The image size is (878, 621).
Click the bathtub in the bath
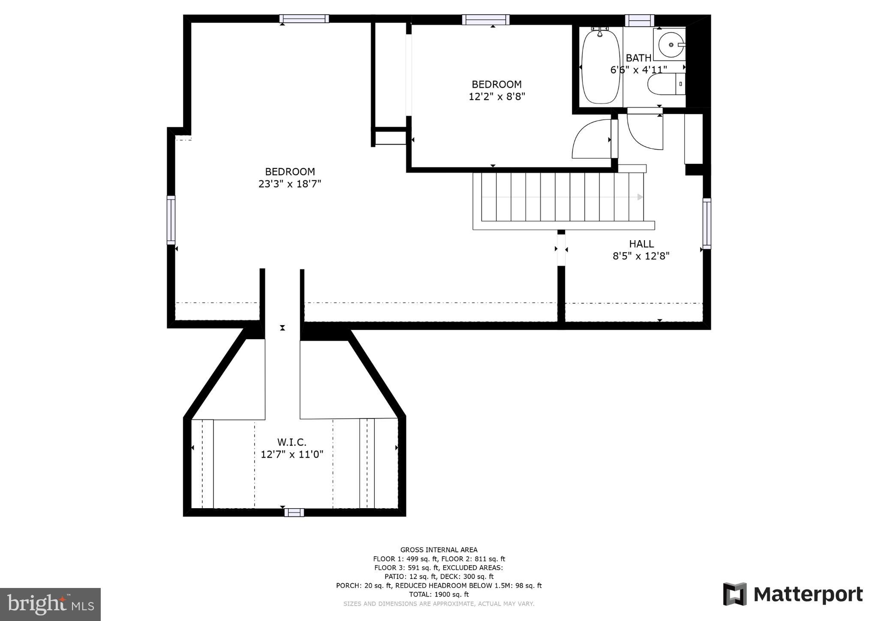click(x=601, y=67)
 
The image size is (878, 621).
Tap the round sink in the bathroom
click(x=671, y=45)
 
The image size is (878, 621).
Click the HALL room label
click(x=641, y=244)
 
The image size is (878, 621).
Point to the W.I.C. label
click(x=292, y=442)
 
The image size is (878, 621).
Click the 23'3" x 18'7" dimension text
click(x=290, y=184)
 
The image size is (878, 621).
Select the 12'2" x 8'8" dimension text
click(x=497, y=96)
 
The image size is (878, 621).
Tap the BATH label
click(x=638, y=58)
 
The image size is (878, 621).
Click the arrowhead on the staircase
click(x=640, y=197)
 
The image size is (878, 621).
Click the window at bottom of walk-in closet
click(x=294, y=512)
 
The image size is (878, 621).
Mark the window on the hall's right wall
click(x=707, y=223)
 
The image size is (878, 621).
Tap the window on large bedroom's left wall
click(x=171, y=220)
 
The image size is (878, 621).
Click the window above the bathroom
click(x=639, y=20)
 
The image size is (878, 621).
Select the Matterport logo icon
click(x=735, y=594)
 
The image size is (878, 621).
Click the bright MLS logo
click(x=51, y=604)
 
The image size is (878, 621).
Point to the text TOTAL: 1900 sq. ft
click(x=439, y=594)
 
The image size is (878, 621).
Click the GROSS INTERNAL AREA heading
click(x=439, y=550)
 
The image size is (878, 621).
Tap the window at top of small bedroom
click(x=486, y=20)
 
